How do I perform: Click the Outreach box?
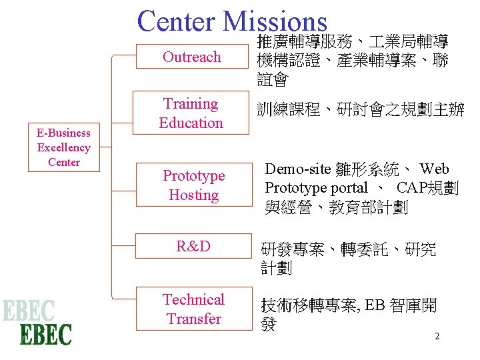point(191,57)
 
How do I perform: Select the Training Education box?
point(191,113)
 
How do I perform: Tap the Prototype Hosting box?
point(193,185)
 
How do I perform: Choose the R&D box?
point(193,247)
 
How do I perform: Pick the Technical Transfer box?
point(193,309)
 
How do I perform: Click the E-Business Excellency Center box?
point(63,147)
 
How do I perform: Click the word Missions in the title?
point(275,21)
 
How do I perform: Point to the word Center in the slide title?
point(176,21)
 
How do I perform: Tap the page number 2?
point(437,336)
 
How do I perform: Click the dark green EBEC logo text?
point(45,333)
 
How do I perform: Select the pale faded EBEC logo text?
point(28,311)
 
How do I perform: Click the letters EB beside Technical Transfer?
point(375,306)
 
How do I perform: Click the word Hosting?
point(194,195)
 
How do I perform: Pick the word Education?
point(191,123)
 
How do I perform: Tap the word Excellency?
point(63,147)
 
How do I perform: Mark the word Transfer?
point(194,319)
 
